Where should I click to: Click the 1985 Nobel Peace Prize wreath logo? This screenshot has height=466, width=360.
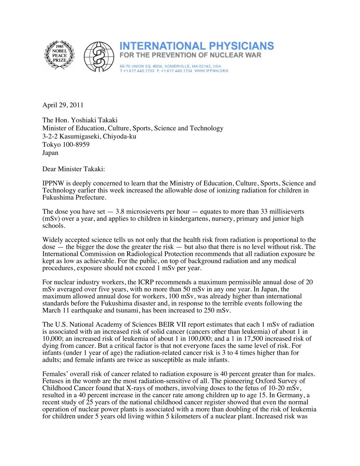coord(59,55)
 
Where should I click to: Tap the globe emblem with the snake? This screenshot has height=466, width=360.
coord(99,57)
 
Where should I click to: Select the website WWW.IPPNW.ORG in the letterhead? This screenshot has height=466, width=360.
coord(211,71)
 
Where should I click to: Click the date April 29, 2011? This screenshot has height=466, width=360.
coord(63,105)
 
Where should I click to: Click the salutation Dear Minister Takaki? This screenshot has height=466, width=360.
coord(73,169)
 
